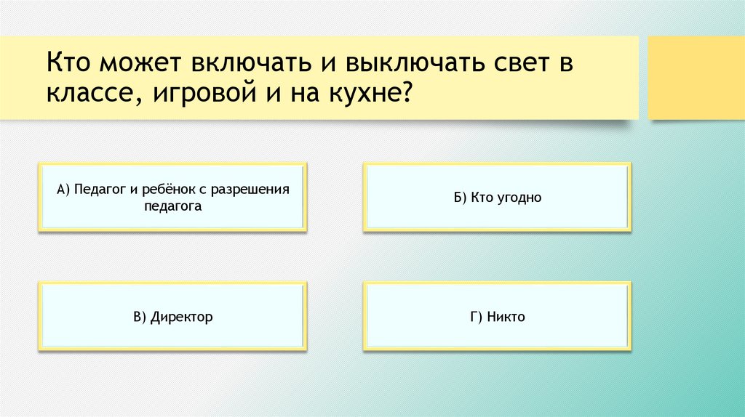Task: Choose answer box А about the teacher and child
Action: tap(172, 198)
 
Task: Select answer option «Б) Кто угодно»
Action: tap(497, 198)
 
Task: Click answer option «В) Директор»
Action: tap(172, 317)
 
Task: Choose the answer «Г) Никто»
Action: tap(497, 317)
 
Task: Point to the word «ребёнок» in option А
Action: tap(166, 190)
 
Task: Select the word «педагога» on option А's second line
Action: tap(172, 206)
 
